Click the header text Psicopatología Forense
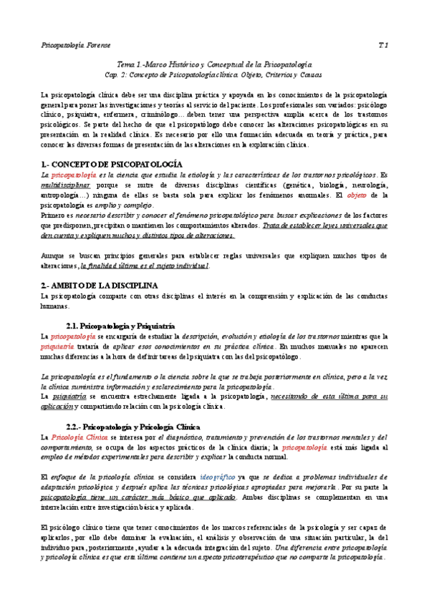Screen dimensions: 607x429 tap(72, 45)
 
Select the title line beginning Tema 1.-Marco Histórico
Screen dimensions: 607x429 tap(214, 64)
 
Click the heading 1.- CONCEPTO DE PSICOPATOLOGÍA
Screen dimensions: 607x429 tap(112, 164)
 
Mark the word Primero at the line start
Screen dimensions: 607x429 tap(54, 215)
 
